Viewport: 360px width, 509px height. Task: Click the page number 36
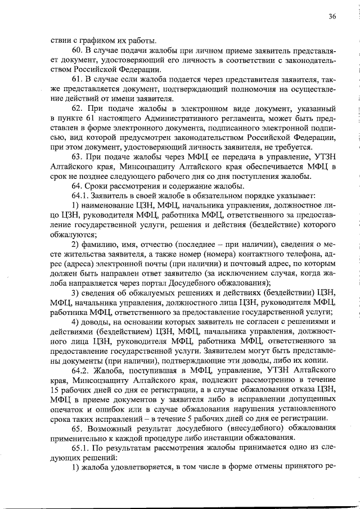[332, 16]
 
